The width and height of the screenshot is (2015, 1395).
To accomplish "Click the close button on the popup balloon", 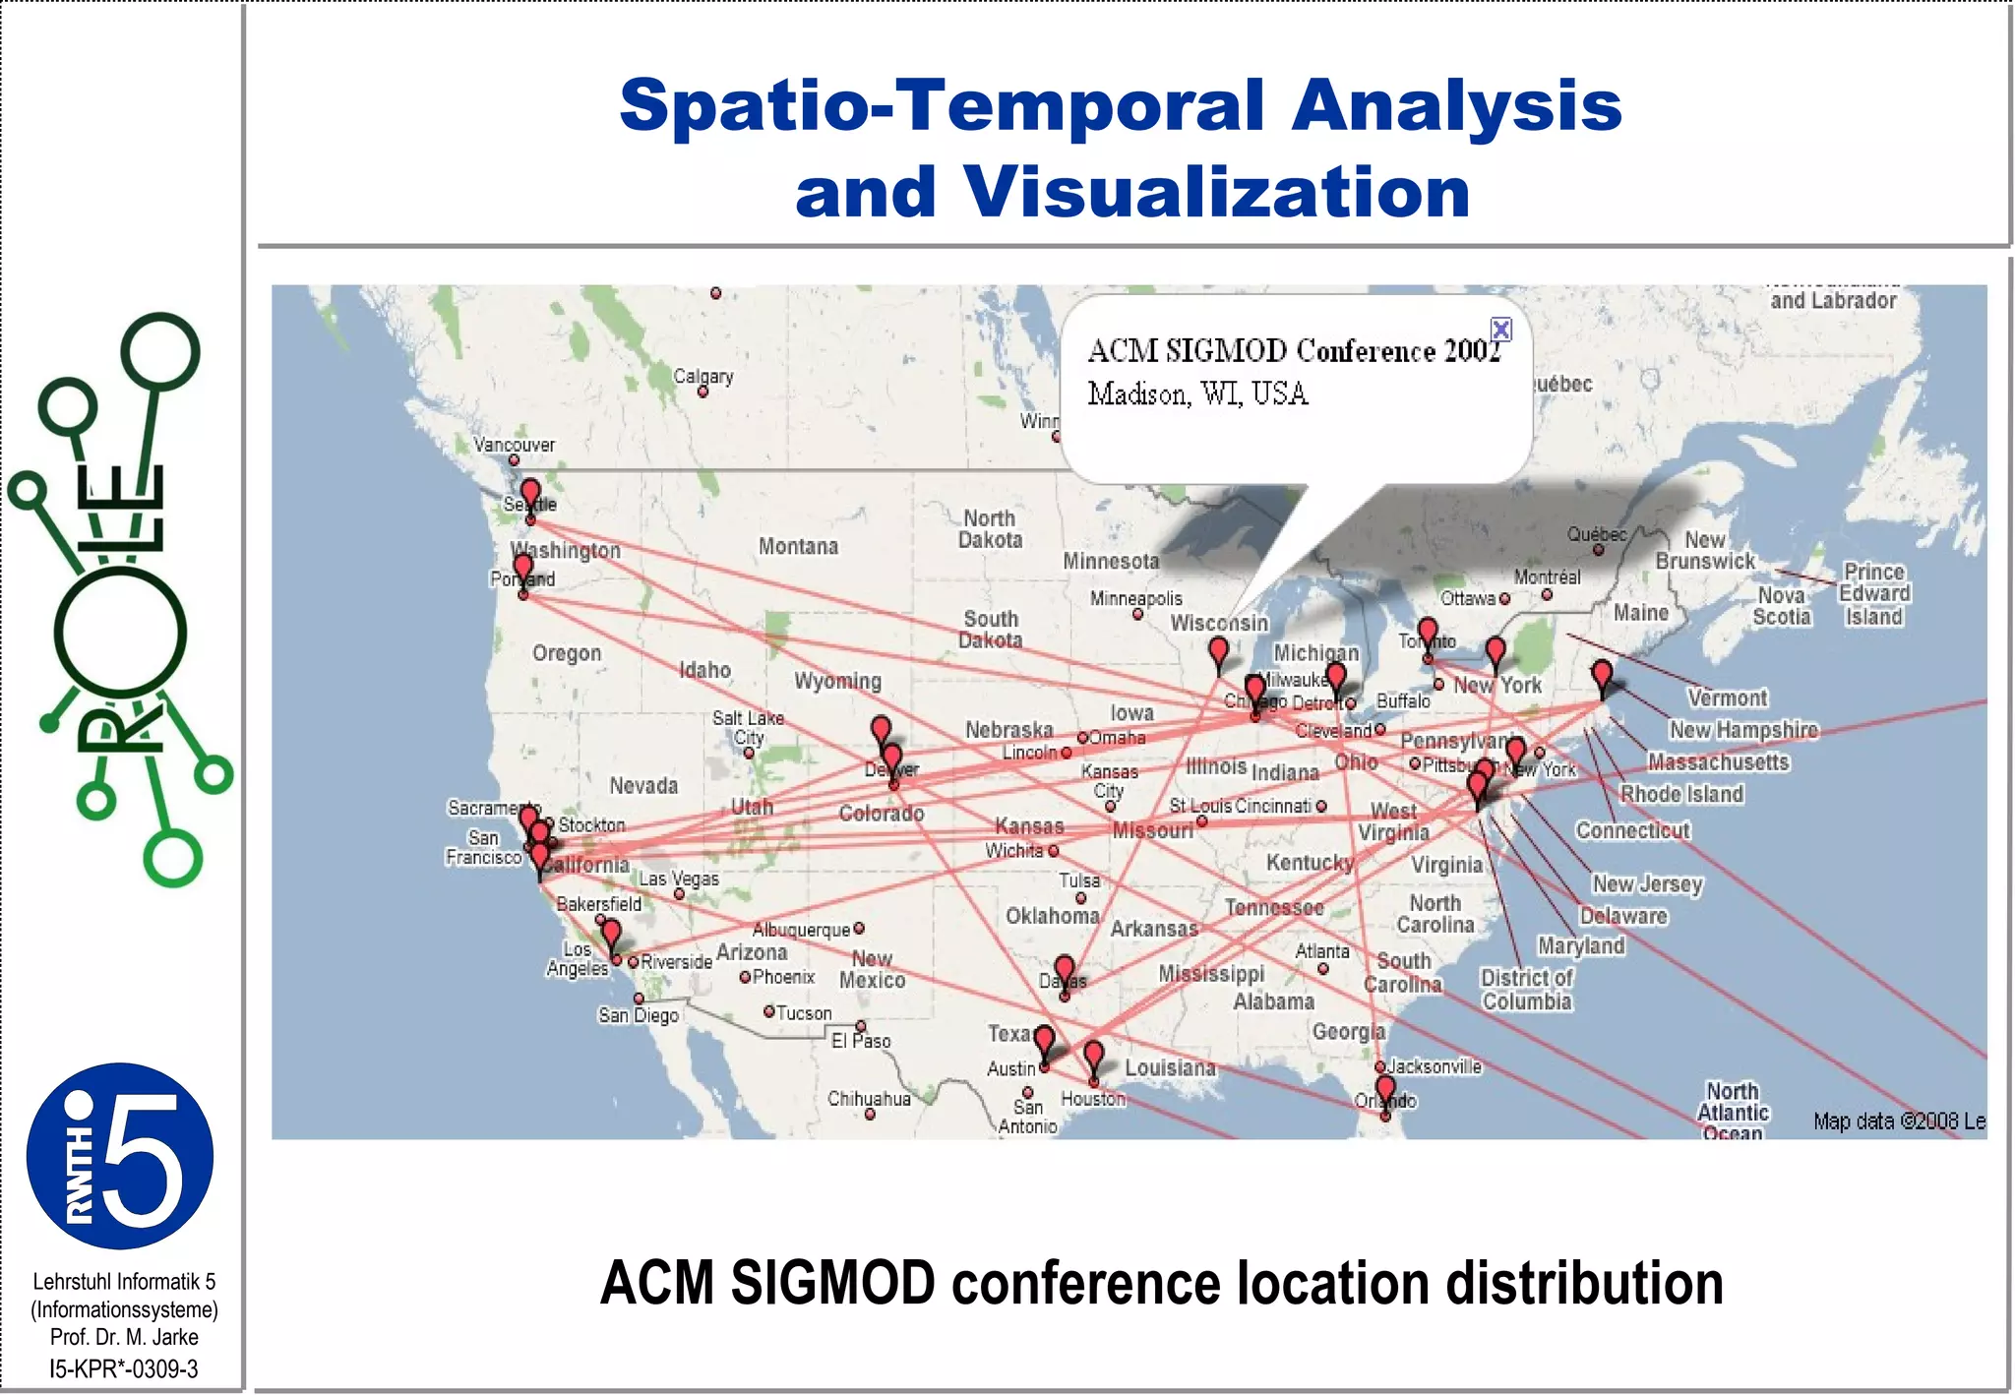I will click(x=1500, y=329).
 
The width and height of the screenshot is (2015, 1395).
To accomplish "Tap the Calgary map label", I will click(x=702, y=376).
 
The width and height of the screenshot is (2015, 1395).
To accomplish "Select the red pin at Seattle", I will click(x=530, y=493).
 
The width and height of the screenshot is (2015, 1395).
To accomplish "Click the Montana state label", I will click(x=798, y=547).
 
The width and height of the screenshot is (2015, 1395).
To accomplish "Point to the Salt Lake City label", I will click(x=749, y=728).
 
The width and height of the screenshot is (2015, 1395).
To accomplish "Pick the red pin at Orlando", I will click(x=1385, y=1089).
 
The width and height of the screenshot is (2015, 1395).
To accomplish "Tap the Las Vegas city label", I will click(x=679, y=879).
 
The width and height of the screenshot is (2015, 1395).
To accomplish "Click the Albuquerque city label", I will click(x=801, y=930).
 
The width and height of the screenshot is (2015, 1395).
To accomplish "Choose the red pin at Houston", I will click(x=1093, y=1056).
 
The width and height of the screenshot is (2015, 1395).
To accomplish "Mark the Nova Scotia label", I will click(x=1781, y=606).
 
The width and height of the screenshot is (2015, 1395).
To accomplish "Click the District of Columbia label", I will click(x=1526, y=990).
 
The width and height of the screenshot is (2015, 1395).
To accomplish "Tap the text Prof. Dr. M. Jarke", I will click(x=124, y=1338).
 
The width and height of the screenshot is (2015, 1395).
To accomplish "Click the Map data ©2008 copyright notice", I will click(x=1898, y=1122).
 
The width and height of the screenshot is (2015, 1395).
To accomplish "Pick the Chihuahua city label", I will click(x=869, y=1099).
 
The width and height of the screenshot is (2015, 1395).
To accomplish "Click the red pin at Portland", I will click(x=523, y=567).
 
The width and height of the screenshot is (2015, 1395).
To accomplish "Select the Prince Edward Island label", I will click(x=1874, y=594).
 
